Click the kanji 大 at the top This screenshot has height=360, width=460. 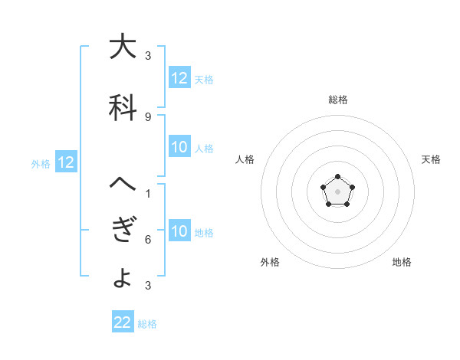[123, 47]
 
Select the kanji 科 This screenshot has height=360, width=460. [123, 108]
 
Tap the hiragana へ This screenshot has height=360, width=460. [123, 184]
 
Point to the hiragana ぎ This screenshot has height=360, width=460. [123, 231]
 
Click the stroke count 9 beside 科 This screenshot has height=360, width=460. [148, 116]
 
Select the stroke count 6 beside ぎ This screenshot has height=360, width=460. [148, 240]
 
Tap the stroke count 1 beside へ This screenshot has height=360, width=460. [148, 193]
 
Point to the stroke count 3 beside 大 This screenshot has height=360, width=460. [148, 56]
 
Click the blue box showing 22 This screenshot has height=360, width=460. [123, 322]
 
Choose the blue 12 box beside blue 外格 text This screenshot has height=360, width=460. [66, 162]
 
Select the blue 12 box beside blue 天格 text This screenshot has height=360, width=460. [179, 77]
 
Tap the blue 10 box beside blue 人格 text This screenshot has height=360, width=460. [179, 147]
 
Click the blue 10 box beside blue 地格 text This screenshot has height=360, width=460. [179, 231]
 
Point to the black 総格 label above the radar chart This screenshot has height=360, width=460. [338, 100]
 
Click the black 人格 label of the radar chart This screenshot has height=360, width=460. [245, 159]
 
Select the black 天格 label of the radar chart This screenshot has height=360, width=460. [431, 159]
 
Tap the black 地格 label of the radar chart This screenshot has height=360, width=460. [402, 262]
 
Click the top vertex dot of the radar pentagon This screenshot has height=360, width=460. [338, 178]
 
